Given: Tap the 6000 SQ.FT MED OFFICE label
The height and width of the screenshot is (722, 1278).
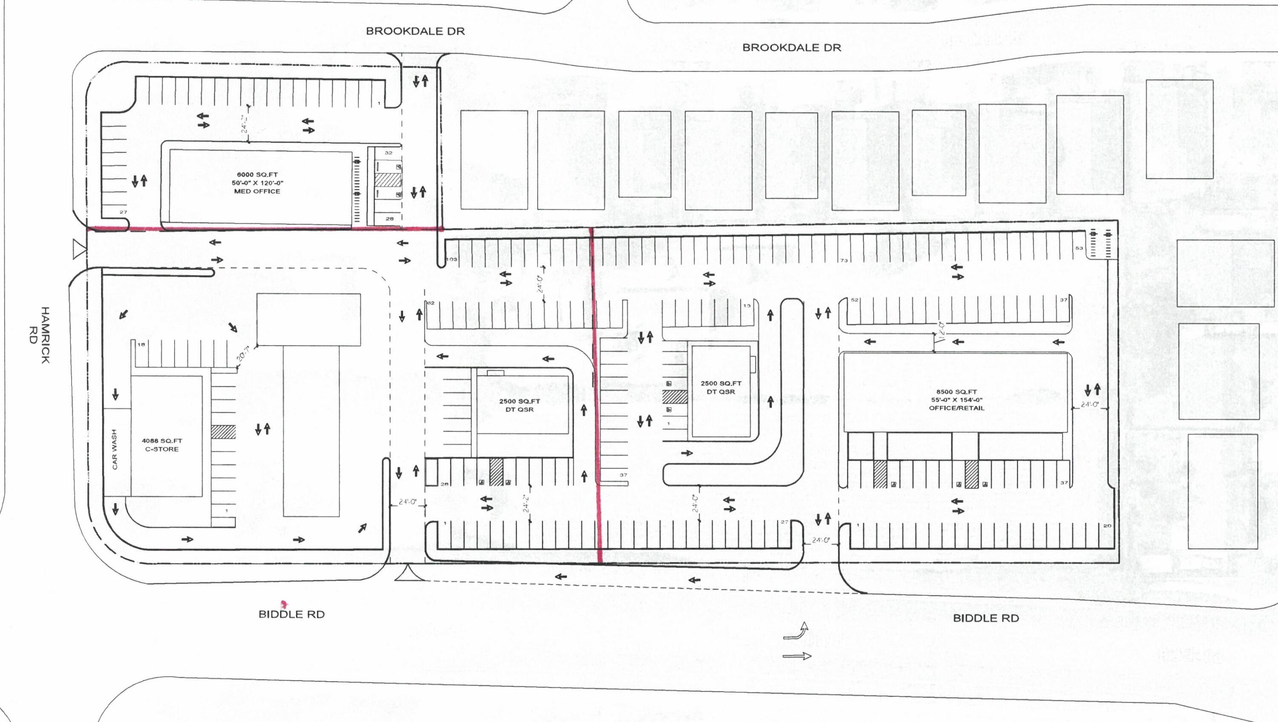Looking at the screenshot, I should [256, 183].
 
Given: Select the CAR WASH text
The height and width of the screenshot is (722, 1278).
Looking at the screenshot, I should [115, 449].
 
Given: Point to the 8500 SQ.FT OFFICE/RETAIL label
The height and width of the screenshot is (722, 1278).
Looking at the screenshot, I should [956, 400].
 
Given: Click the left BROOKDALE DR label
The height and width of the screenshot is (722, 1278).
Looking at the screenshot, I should [415, 31].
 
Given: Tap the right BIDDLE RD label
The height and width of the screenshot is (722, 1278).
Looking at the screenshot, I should [986, 618].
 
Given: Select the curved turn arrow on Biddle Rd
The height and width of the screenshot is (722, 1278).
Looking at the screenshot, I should [796, 632].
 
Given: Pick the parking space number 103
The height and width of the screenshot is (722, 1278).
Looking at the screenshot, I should [452, 259].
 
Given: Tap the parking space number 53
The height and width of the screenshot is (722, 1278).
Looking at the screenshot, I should [1079, 248].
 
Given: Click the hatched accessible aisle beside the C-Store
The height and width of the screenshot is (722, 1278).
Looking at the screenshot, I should [223, 432].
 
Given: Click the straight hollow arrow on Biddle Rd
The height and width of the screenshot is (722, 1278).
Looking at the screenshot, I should [796, 656].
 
